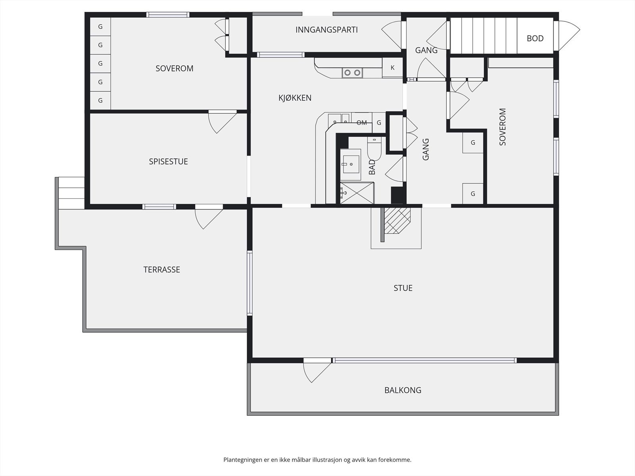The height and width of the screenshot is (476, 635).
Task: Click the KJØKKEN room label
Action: coord(295,98)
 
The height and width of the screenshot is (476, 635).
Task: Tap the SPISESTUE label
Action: coord(168,161)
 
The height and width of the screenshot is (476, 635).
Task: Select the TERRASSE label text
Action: coord(162,270)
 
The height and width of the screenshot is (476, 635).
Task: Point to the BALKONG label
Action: coord(403,390)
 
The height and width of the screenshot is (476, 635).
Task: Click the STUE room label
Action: coord(403,288)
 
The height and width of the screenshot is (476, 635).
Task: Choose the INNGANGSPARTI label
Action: coord(327,30)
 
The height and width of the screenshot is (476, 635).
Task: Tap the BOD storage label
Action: coord(535,38)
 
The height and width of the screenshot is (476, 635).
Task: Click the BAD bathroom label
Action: coord(372,167)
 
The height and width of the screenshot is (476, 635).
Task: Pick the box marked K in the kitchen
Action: coord(393,67)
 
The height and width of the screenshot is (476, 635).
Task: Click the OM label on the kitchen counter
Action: coord(362,123)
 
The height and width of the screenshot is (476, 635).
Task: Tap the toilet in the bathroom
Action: coord(374,148)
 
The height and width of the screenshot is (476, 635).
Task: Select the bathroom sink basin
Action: coord(350,165)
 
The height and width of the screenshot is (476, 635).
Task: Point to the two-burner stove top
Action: coord(352,73)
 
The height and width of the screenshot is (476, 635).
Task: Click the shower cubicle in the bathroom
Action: coord(357,193)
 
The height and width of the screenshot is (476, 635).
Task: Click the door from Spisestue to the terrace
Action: coord(209,217)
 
